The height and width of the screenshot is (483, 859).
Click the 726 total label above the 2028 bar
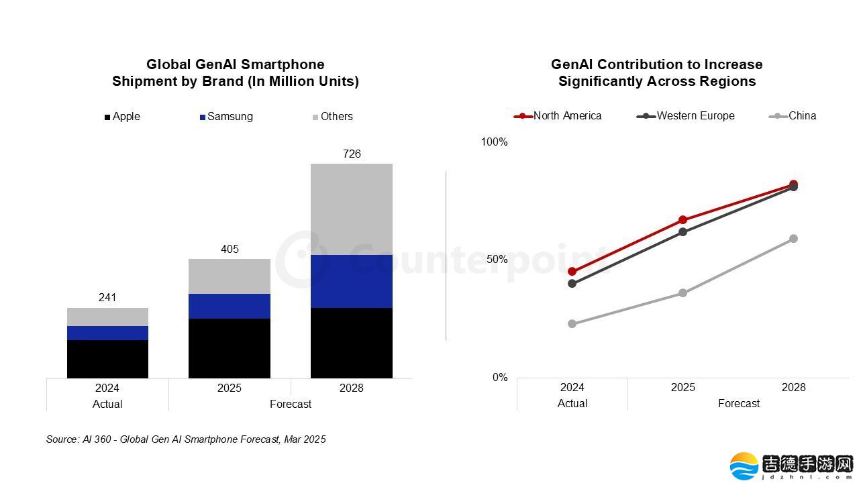[352, 154]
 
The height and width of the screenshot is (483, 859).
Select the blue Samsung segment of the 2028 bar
[352, 281]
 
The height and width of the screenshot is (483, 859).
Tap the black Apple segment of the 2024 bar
[107, 359]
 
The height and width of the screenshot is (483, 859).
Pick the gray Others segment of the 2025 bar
[230, 276]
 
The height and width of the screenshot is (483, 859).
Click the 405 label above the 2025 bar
[230, 250]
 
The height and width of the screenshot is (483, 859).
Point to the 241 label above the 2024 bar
[107, 298]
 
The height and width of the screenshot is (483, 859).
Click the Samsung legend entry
[226, 117]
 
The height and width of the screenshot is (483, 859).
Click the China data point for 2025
[683, 293]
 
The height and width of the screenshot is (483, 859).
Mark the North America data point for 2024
[572, 272]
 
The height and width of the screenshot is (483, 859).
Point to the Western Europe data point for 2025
[683, 232]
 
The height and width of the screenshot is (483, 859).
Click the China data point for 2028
[793, 239]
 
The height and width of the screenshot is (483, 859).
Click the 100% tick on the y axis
[495, 142]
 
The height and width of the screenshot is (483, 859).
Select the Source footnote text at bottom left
[186, 439]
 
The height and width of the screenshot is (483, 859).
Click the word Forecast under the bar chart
[291, 404]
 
